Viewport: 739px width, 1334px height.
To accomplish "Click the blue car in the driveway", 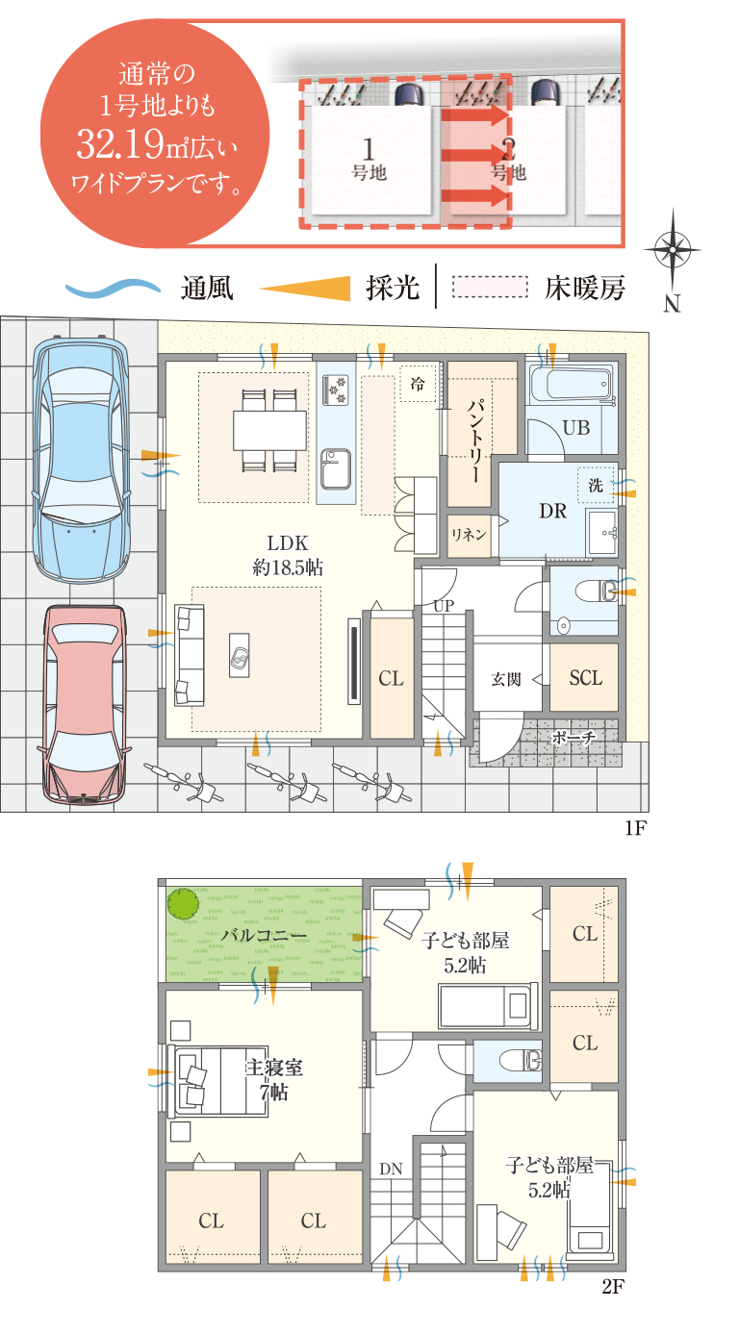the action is point(81,461).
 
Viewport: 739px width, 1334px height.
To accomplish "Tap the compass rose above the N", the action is point(673,249).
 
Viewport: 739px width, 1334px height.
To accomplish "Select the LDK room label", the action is point(288,542).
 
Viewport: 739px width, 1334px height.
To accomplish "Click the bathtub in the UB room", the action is point(572,383).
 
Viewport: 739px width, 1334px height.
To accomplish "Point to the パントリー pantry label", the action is point(475,440).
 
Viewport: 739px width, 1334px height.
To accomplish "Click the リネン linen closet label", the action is point(469,535).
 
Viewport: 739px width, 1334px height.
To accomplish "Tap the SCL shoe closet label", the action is point(585,678).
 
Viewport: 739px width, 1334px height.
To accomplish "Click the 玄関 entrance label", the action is point(505,679).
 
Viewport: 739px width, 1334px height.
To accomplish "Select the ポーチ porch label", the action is point(573,738).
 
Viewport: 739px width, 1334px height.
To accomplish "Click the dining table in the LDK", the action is point(268,431).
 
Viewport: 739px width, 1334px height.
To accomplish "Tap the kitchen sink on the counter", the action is point(336,468).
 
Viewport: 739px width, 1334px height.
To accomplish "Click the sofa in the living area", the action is point(189,655).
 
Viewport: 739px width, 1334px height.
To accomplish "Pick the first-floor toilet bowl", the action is point(596,591).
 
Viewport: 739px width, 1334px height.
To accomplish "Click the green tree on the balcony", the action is point(183,904).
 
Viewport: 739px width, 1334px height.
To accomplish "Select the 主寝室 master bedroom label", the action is point(274,1068).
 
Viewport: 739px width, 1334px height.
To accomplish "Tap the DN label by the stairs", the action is point(391,1169).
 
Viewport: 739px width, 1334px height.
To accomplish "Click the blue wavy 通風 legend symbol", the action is point(113,289).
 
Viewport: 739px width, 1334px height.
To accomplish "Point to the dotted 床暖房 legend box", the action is point(490,287).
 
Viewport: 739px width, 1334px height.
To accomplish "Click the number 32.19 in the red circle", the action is point(120,143).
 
